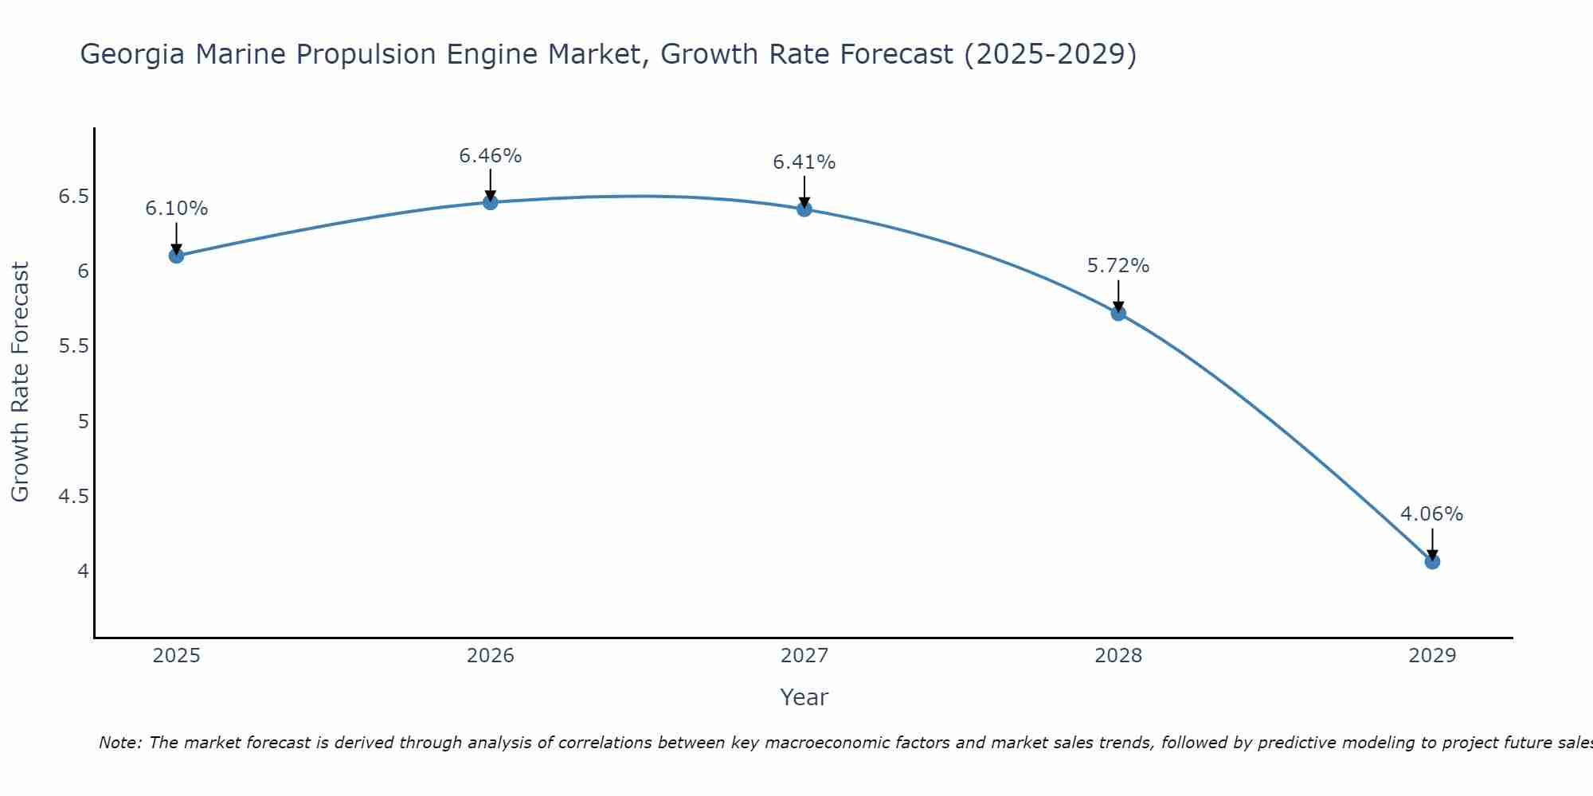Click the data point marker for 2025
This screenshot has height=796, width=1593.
click(x=177, y=256)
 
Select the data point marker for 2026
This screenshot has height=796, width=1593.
click(x=491, y=202)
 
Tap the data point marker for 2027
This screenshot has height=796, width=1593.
click(x=804, y=209)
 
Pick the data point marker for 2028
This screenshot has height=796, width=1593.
click(x=1118, y=313)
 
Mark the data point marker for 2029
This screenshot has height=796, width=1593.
click(x=1432, y=561)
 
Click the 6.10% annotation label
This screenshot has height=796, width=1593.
click(x=177, y=209)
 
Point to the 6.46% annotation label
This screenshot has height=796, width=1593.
click(x=491, y=156)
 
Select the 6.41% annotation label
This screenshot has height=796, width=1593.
click(x=804, y=162)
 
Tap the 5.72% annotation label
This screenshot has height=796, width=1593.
click(x=1118, y=266)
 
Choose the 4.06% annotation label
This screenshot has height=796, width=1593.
click(x=1432, y=514)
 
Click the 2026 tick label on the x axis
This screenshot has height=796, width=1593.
click(x=491, y=656)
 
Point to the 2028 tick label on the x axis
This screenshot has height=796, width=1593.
click(x=1118, y=656)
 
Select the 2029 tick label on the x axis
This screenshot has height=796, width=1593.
click(x=1432, y=656)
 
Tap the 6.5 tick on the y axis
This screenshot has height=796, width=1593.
click(x=73, y=197)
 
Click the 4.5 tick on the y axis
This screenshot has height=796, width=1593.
click(x=73, y=497)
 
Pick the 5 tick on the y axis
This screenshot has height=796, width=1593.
click(x=84, y=421)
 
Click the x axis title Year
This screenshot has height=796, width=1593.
click(x=804, y=697)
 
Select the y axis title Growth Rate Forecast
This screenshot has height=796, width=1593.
click(x=20, y=382)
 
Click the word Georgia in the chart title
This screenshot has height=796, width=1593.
click(x=132, y=55)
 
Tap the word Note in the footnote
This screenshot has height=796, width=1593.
click(x=120, y=743)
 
